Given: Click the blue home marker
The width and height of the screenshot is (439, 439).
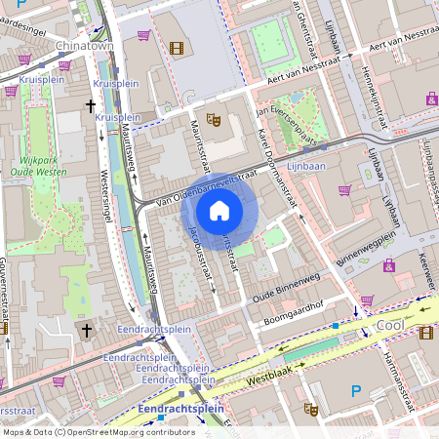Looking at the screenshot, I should coord(219,210).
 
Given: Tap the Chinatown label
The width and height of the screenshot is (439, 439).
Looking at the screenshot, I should coord(85,46).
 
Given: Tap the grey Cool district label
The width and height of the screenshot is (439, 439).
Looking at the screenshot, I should coord(390,326).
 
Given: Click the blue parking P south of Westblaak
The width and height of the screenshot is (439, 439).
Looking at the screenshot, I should coord(356,391).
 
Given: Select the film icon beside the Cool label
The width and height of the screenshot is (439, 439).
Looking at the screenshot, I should coord(425,333).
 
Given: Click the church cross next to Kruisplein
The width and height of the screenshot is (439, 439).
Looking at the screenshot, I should coord(92,105).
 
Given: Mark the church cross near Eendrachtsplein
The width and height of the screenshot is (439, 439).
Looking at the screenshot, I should coord(86,332).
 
